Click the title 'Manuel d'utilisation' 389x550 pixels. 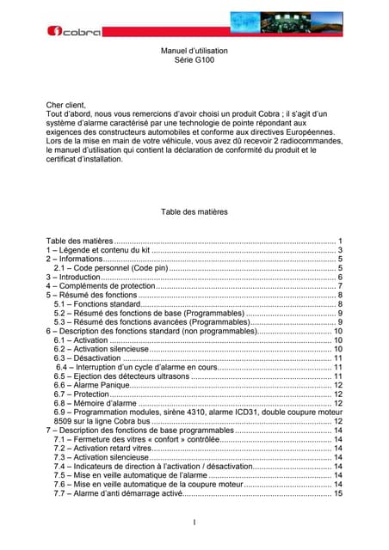[194, 53]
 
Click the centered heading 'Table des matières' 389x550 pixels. [194, 211]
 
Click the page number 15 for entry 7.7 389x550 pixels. [338, 494]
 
